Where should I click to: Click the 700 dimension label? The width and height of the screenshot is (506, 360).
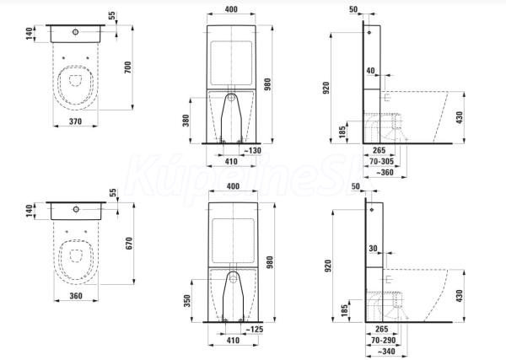[128, 67]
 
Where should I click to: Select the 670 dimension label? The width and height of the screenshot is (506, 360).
[129, 243]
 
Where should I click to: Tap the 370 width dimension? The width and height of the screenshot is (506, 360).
[76, 121]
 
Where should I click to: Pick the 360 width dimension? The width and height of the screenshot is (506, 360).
[76, 296]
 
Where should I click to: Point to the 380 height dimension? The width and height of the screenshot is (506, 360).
[186, 121]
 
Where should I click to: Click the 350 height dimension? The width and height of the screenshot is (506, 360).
[187, 301]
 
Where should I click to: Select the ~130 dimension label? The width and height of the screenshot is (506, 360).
[252, 151]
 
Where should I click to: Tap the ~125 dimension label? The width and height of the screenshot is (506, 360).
[255, 330]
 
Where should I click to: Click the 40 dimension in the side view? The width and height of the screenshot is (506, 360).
[371, 71]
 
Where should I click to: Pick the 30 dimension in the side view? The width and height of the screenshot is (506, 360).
[373, 249]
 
